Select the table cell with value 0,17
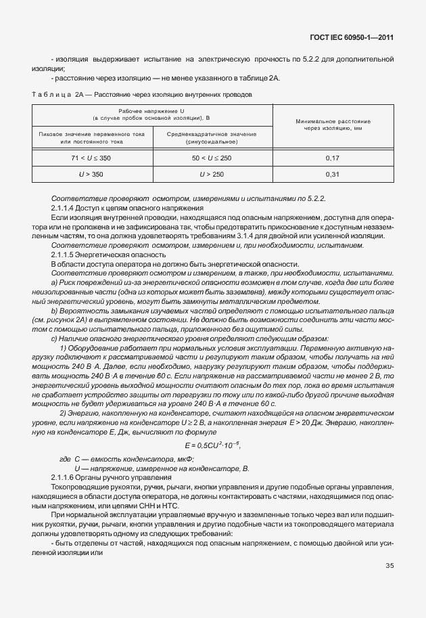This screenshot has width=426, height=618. coord(332,158)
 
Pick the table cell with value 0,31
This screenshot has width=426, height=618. coord(332,174)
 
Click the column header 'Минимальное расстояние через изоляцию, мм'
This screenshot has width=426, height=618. coord(333,124)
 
